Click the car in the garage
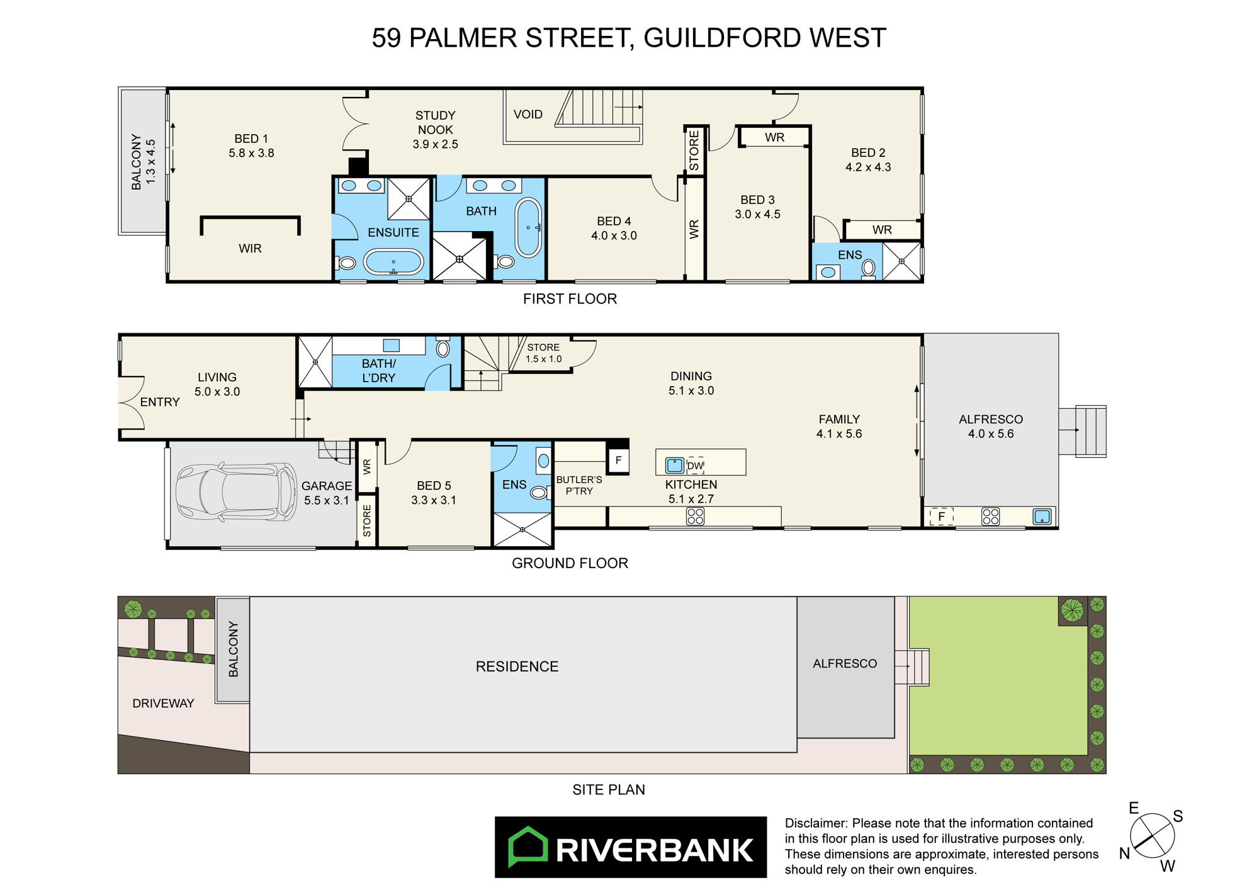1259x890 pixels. click(x=236, y=492)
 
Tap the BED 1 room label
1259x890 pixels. click(x=251, y=145)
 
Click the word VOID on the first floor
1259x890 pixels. click(x=528, y=114)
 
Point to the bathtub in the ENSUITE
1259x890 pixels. click(x=393, y=261)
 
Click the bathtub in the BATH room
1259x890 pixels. click(x=528, y=228)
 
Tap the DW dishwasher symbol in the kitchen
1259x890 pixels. click(x=695, y=465)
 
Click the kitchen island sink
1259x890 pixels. click(x=675, y=465)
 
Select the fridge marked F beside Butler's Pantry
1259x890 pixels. click(x=618, y=460)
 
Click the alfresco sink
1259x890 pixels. click(x=1042, y=516)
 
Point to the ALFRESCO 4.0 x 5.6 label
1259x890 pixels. click(x=991, y=426)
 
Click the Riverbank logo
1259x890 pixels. click(x=631, y=847)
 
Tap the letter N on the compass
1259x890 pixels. click(x=1124, y=853)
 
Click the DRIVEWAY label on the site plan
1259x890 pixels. click(x=163, y=704)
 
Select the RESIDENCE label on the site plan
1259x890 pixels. click(x=517, y=666)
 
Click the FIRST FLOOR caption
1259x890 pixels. click(x=570, y=299)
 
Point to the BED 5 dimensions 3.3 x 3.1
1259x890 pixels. click(x=434, y=500)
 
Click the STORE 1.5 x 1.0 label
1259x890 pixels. click(x=543, y=353)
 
